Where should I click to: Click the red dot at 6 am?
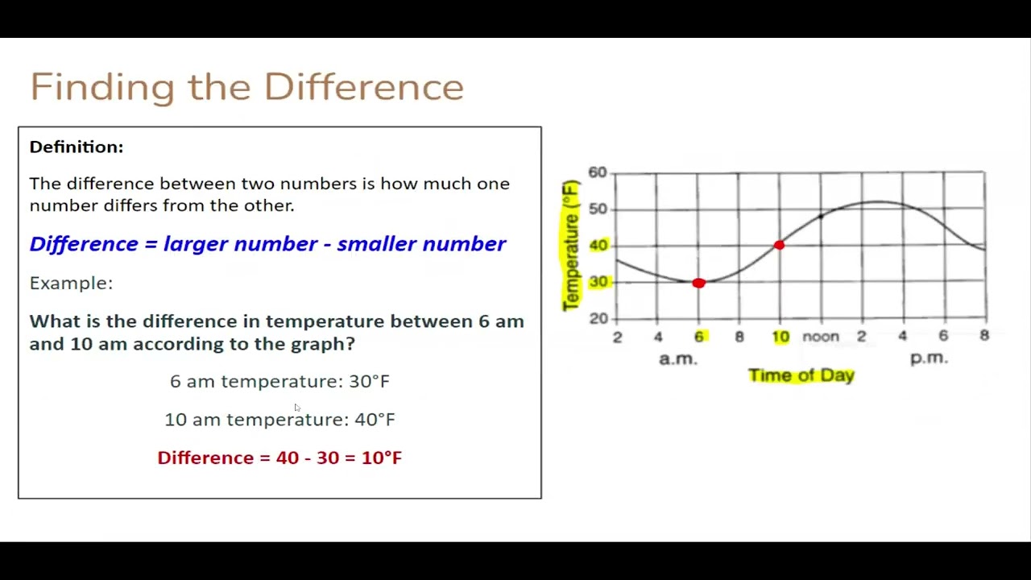pos(698,283)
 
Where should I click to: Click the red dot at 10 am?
pos(779,245)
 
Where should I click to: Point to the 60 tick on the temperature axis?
pos(597,172)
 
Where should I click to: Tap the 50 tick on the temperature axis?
pos(597,209)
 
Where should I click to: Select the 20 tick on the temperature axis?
pos(598,318)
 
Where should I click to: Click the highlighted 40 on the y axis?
pos(598,245)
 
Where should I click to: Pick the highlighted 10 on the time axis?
pos(780,337)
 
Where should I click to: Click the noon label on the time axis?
pos(820,337)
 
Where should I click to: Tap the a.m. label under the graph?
pos(677,358)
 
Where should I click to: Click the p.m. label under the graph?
pos(929,358)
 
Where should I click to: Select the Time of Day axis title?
pos(801,375)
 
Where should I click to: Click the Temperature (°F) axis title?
pos(571,245)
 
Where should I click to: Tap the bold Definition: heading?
pos(77,147)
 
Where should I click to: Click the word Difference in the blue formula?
pos(83,244)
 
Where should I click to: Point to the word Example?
pos(71,283)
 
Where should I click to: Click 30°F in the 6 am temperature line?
pos(369,381)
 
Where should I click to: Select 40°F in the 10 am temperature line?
pos(375,420)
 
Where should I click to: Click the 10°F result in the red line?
pos(381,458)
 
